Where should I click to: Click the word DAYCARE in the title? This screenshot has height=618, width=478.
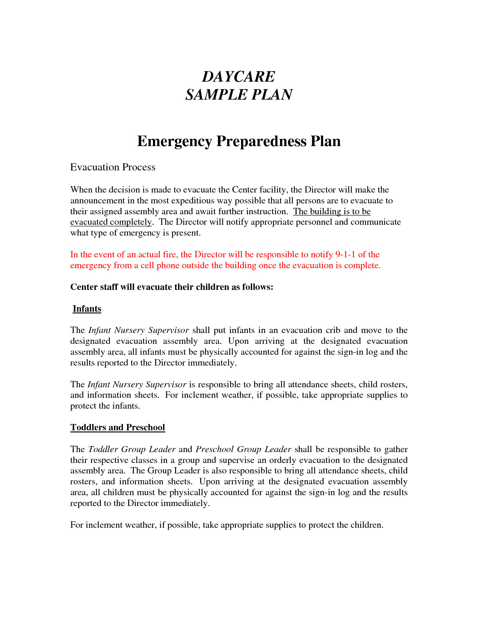coord(238,77)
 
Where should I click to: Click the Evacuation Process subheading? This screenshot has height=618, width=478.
coord(112,167)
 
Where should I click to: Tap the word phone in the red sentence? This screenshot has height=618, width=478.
coord(168,266)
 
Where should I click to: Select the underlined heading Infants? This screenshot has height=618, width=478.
coord(87,309)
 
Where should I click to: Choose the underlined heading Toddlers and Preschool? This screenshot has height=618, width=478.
coord(118,428)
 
